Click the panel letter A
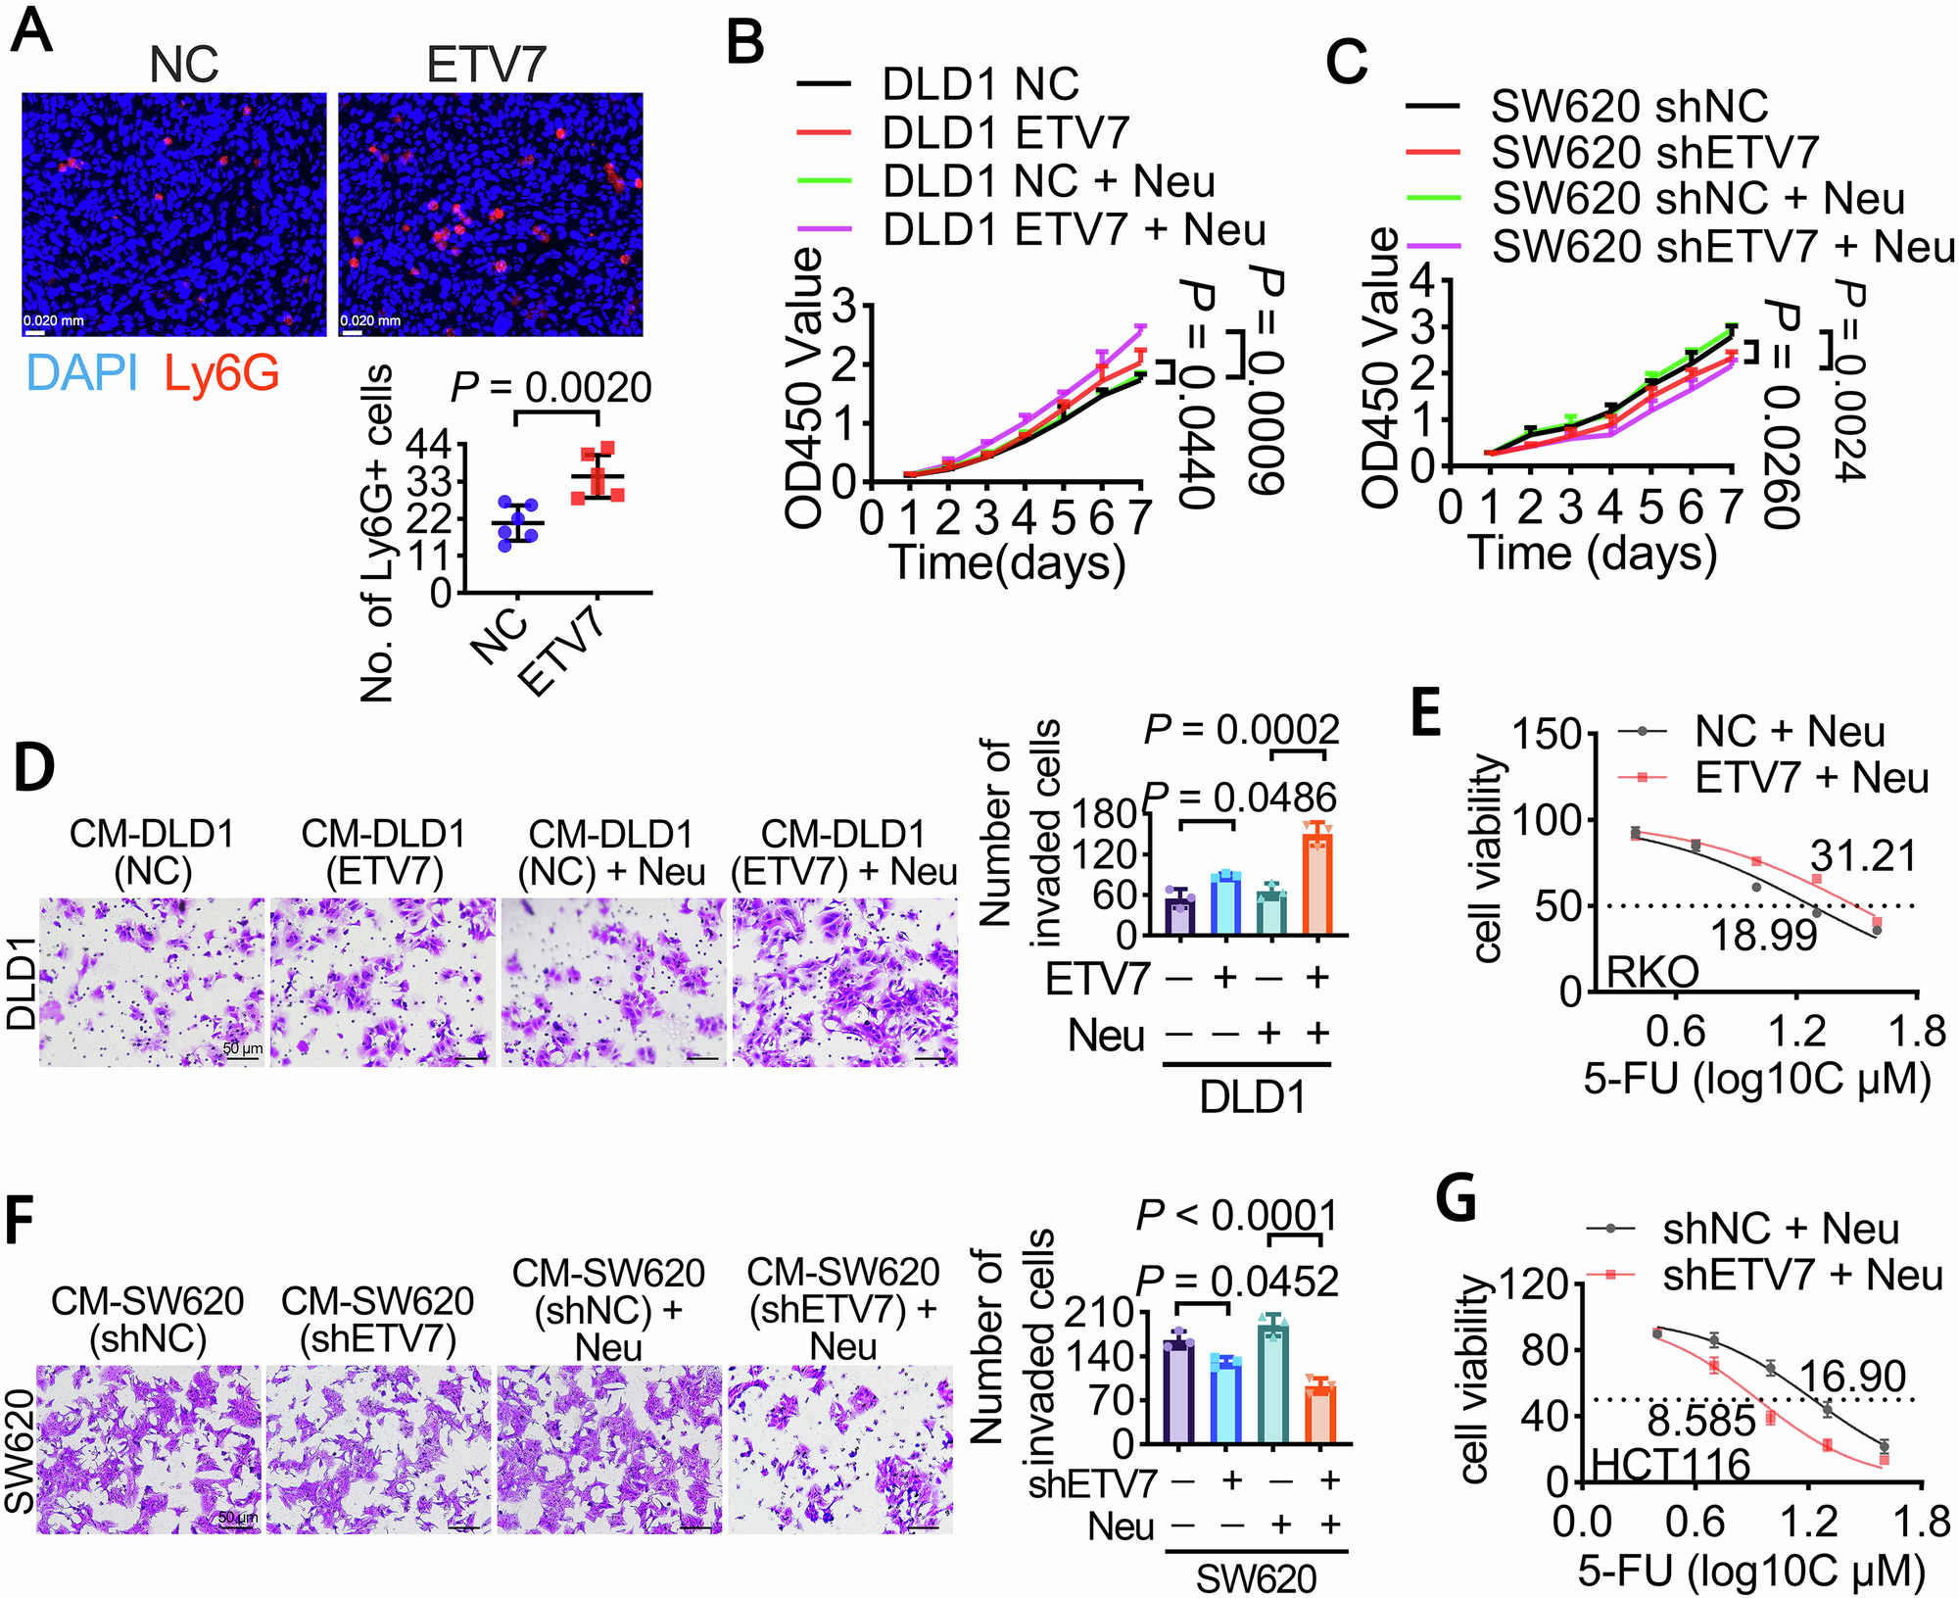click(31, 31)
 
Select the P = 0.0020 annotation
click(551, 388)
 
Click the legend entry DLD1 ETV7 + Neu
click(1074, 230)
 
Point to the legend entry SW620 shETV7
click(1654, 153)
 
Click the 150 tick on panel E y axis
click(1548, 735)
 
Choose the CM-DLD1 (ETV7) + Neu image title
click(843, 852)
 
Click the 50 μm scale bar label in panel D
click(242, 1049)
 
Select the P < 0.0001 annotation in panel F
click(1236, 1217)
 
